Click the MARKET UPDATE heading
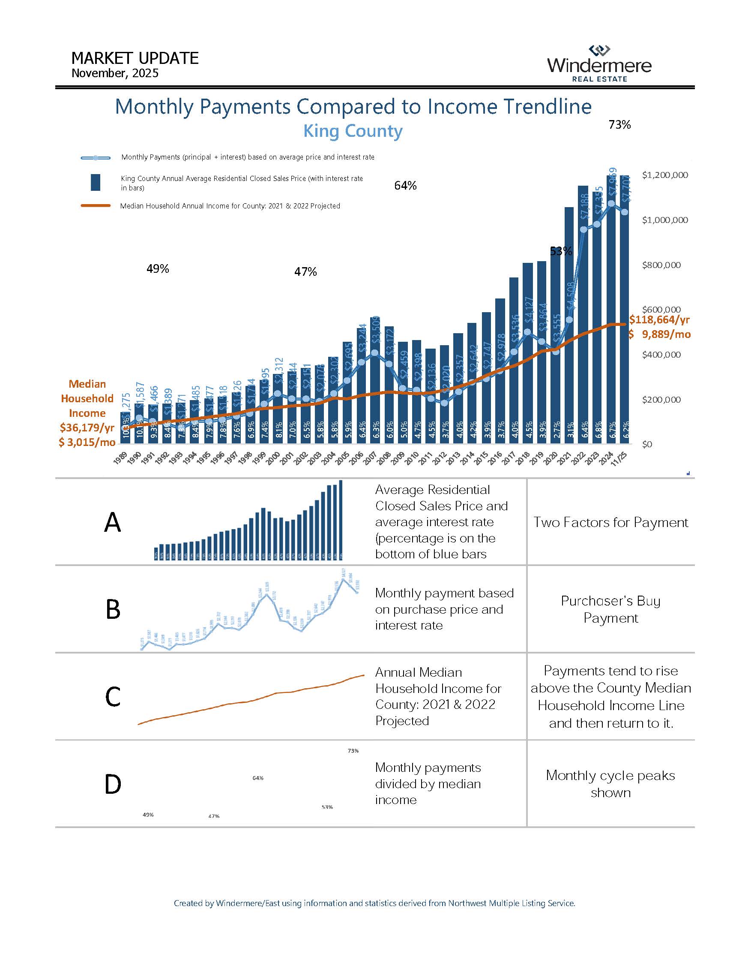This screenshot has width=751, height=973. (x=135, y=58)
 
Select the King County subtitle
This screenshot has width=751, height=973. (x=353, y=131)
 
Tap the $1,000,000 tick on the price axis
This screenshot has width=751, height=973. (x=664, y=220)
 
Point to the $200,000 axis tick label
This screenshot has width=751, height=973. (x=661, y=400)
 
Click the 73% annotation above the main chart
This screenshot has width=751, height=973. (x=619, y=125)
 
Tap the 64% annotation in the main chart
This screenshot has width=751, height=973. (x=405, y=186)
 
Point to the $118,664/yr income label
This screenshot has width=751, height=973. (x=659, y=319)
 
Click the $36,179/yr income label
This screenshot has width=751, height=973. (x=87, y=428)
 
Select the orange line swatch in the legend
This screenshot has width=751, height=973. (x=96, y=206)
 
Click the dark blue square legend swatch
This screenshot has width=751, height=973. (x=95, y=183)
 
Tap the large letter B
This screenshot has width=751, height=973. (x=113, y=609)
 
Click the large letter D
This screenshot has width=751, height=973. (x=113, y=785)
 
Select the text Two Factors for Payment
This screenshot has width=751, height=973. (x=610, y=522)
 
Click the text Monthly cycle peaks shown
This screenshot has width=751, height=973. (x=610, y=783)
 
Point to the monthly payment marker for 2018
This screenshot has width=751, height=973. (x=527, y=332)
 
